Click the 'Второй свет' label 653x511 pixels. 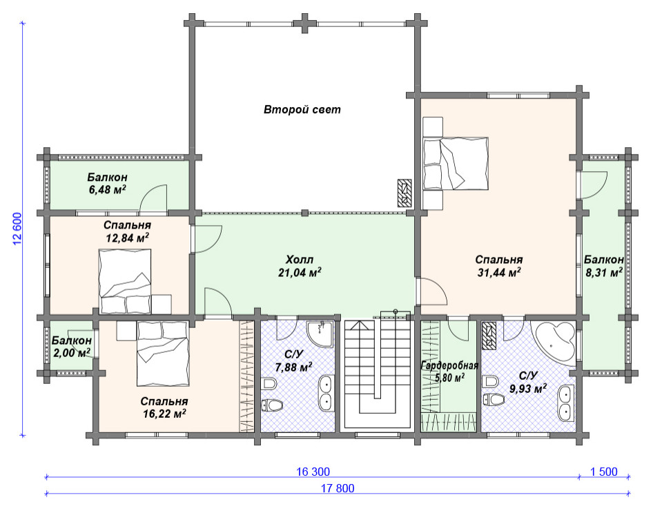tap(302, 110)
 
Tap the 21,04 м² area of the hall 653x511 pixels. tap(300, 273)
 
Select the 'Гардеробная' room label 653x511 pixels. tap(449, 366)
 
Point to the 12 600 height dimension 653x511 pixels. tap(17, 229)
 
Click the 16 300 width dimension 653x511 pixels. tap(313, 472)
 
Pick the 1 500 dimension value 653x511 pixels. tap(604, 472)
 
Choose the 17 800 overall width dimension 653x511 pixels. tap(338, 488)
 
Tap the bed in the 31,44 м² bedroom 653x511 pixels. tap(456, 163)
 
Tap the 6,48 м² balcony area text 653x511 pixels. tap(108, 190)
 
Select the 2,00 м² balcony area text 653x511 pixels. tap(72, 353)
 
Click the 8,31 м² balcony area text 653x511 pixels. tap(603, 273)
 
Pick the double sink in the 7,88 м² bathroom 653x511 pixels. tap(325, 392)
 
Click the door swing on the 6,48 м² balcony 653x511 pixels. tap(153, 197)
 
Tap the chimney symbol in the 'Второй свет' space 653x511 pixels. tap(405, 193)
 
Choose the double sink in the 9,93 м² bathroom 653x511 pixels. tap(566, 403)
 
